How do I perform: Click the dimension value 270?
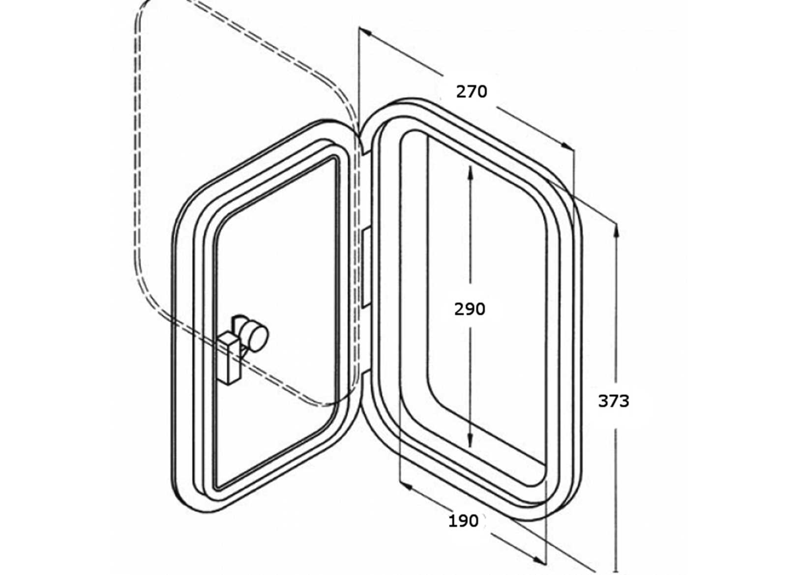471,91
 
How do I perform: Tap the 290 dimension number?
469,309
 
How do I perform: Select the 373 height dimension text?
613,401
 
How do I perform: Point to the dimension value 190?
463,521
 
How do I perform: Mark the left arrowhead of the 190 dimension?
406,487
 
